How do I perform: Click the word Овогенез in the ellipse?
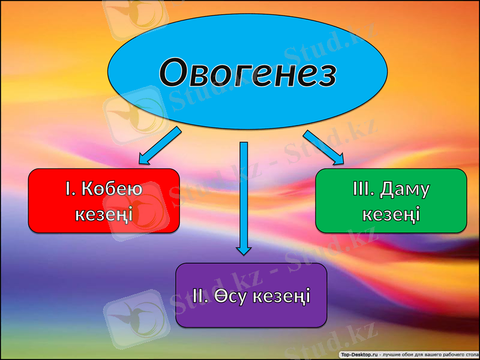tap(247, 73)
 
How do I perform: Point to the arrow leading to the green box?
tap(323, 146)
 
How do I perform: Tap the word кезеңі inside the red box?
tap(104, 214)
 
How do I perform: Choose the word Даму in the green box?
tap(407, 189)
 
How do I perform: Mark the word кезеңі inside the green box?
tap(391, 214)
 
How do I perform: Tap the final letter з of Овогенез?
tap(324, 73)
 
